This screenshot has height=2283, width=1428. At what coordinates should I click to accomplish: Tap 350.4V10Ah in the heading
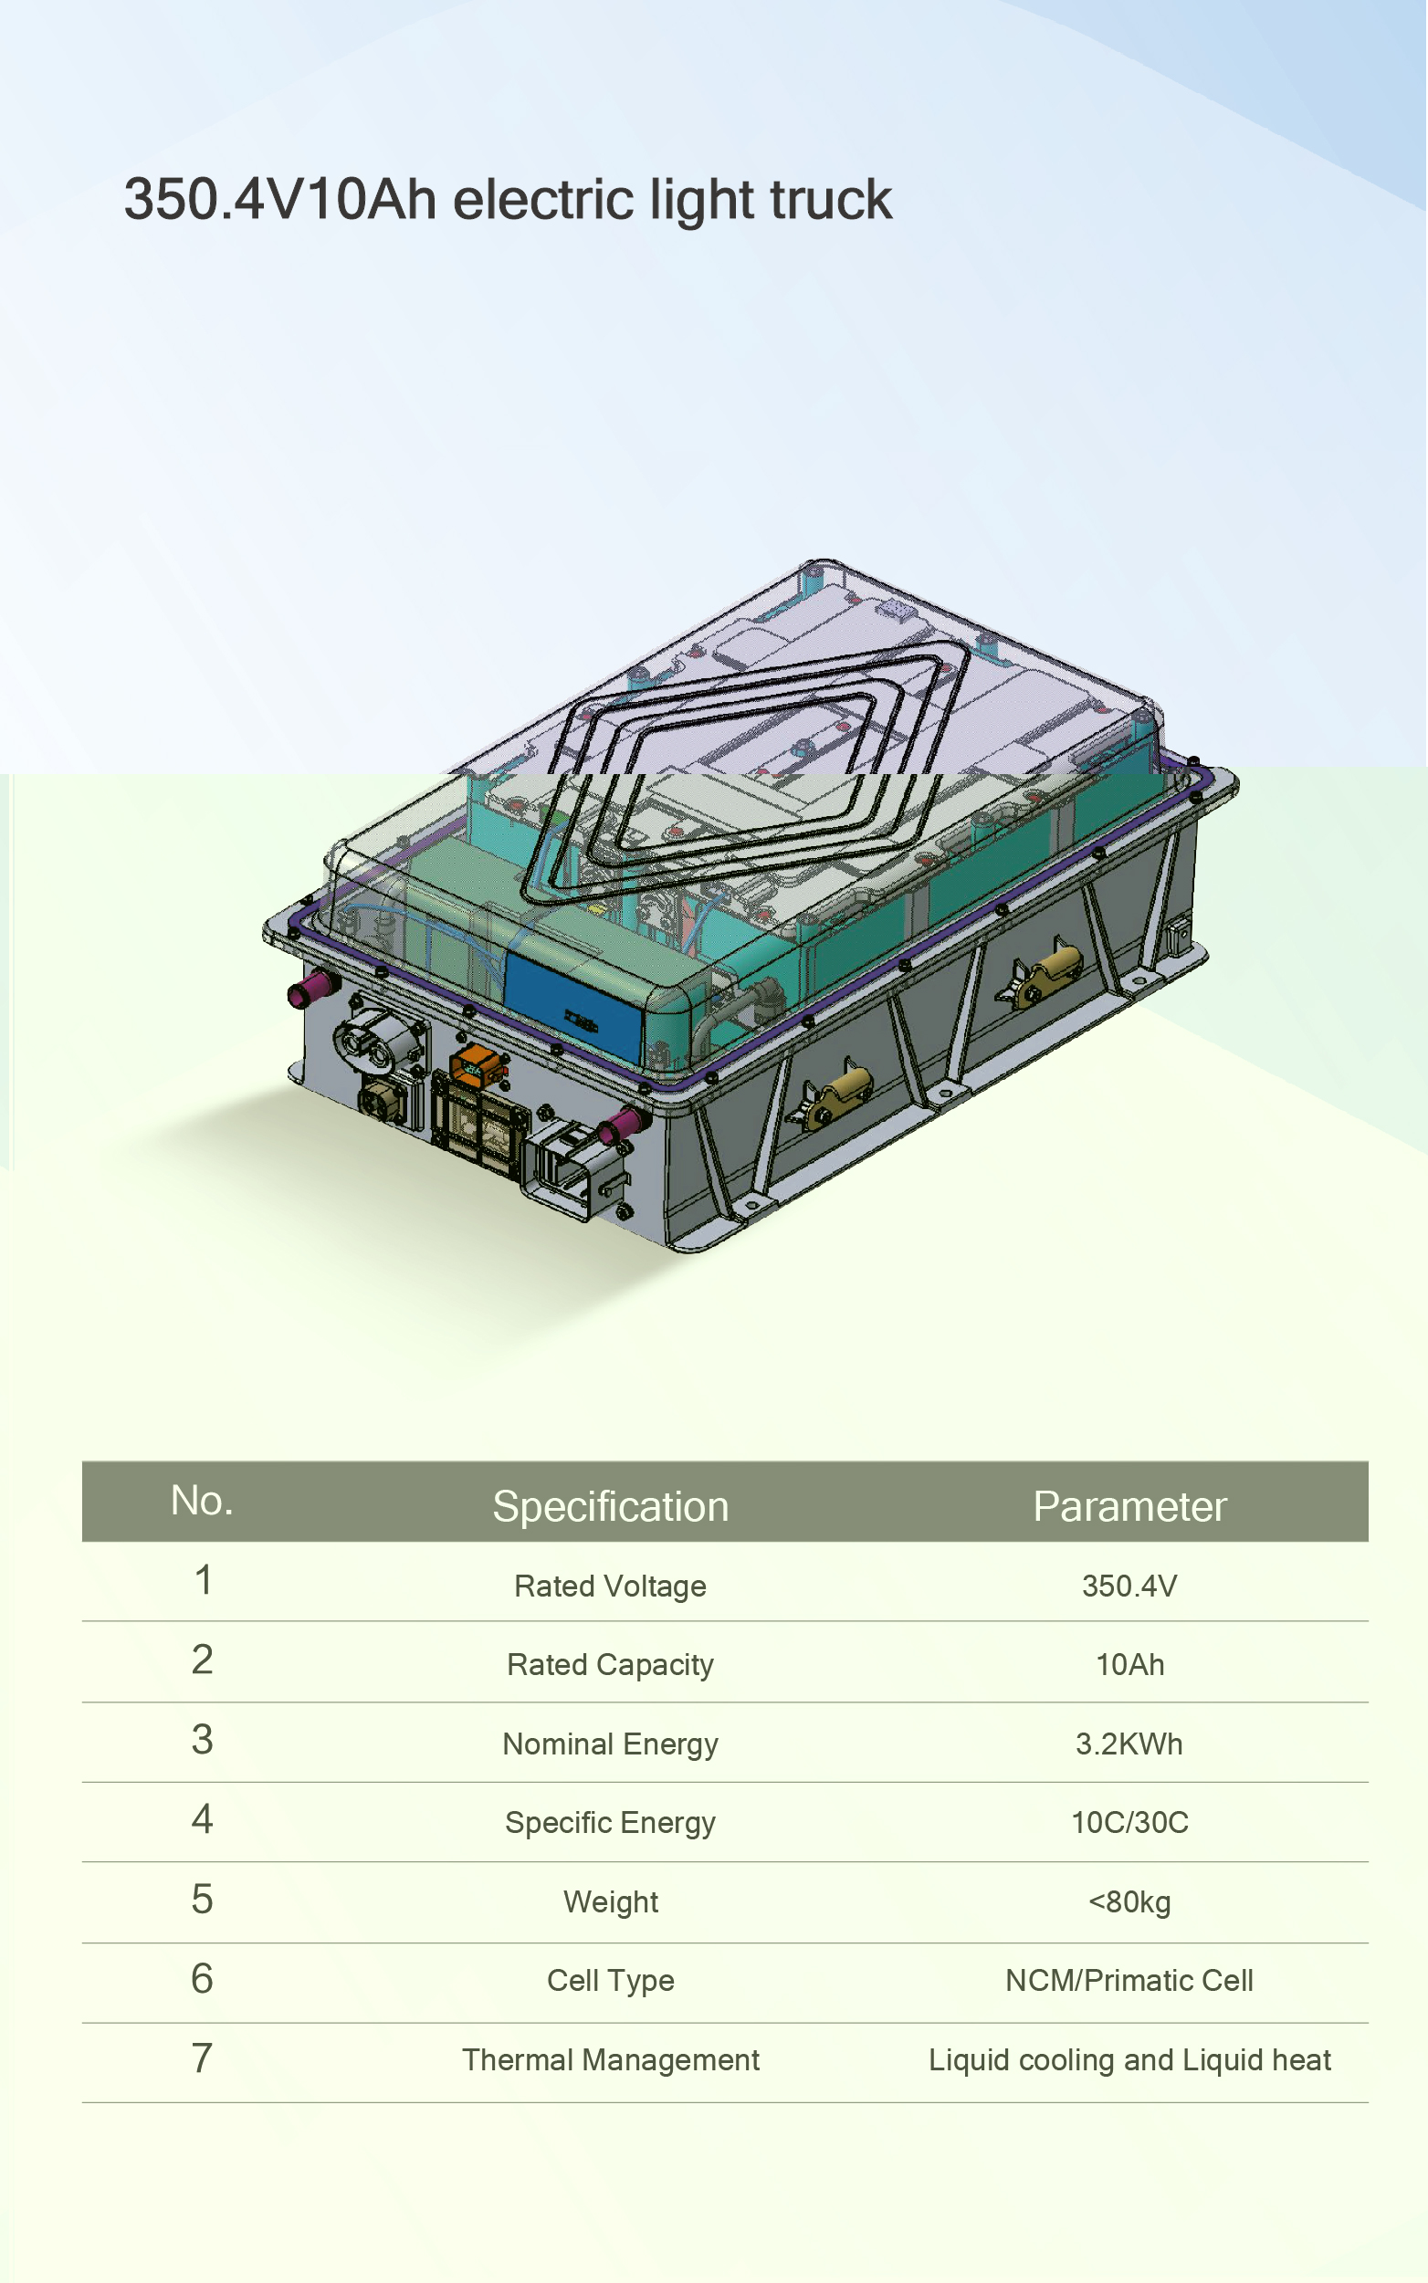click(279, 199)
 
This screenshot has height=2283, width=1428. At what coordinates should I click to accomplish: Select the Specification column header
click(610, 1506)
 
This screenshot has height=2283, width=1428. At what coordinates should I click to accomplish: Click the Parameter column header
click(1129, 1506)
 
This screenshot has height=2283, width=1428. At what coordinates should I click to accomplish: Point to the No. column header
click(202, 1501)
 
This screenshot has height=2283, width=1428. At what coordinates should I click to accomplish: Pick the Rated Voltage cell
click(610, 1587)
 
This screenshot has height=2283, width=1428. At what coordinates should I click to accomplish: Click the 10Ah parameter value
click(1129, 1665)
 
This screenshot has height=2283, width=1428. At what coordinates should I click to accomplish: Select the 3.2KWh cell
click(1129, 1744)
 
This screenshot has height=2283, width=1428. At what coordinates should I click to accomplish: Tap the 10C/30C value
click(1129, 1822)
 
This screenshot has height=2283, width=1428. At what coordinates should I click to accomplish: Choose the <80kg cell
click(1129, 1901)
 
